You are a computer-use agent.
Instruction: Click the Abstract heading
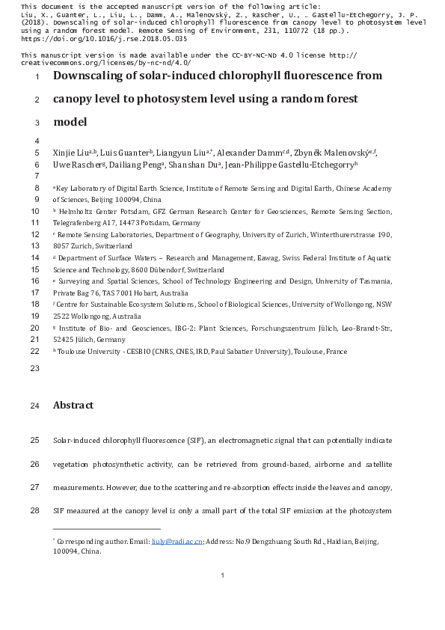tap(73, 406)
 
